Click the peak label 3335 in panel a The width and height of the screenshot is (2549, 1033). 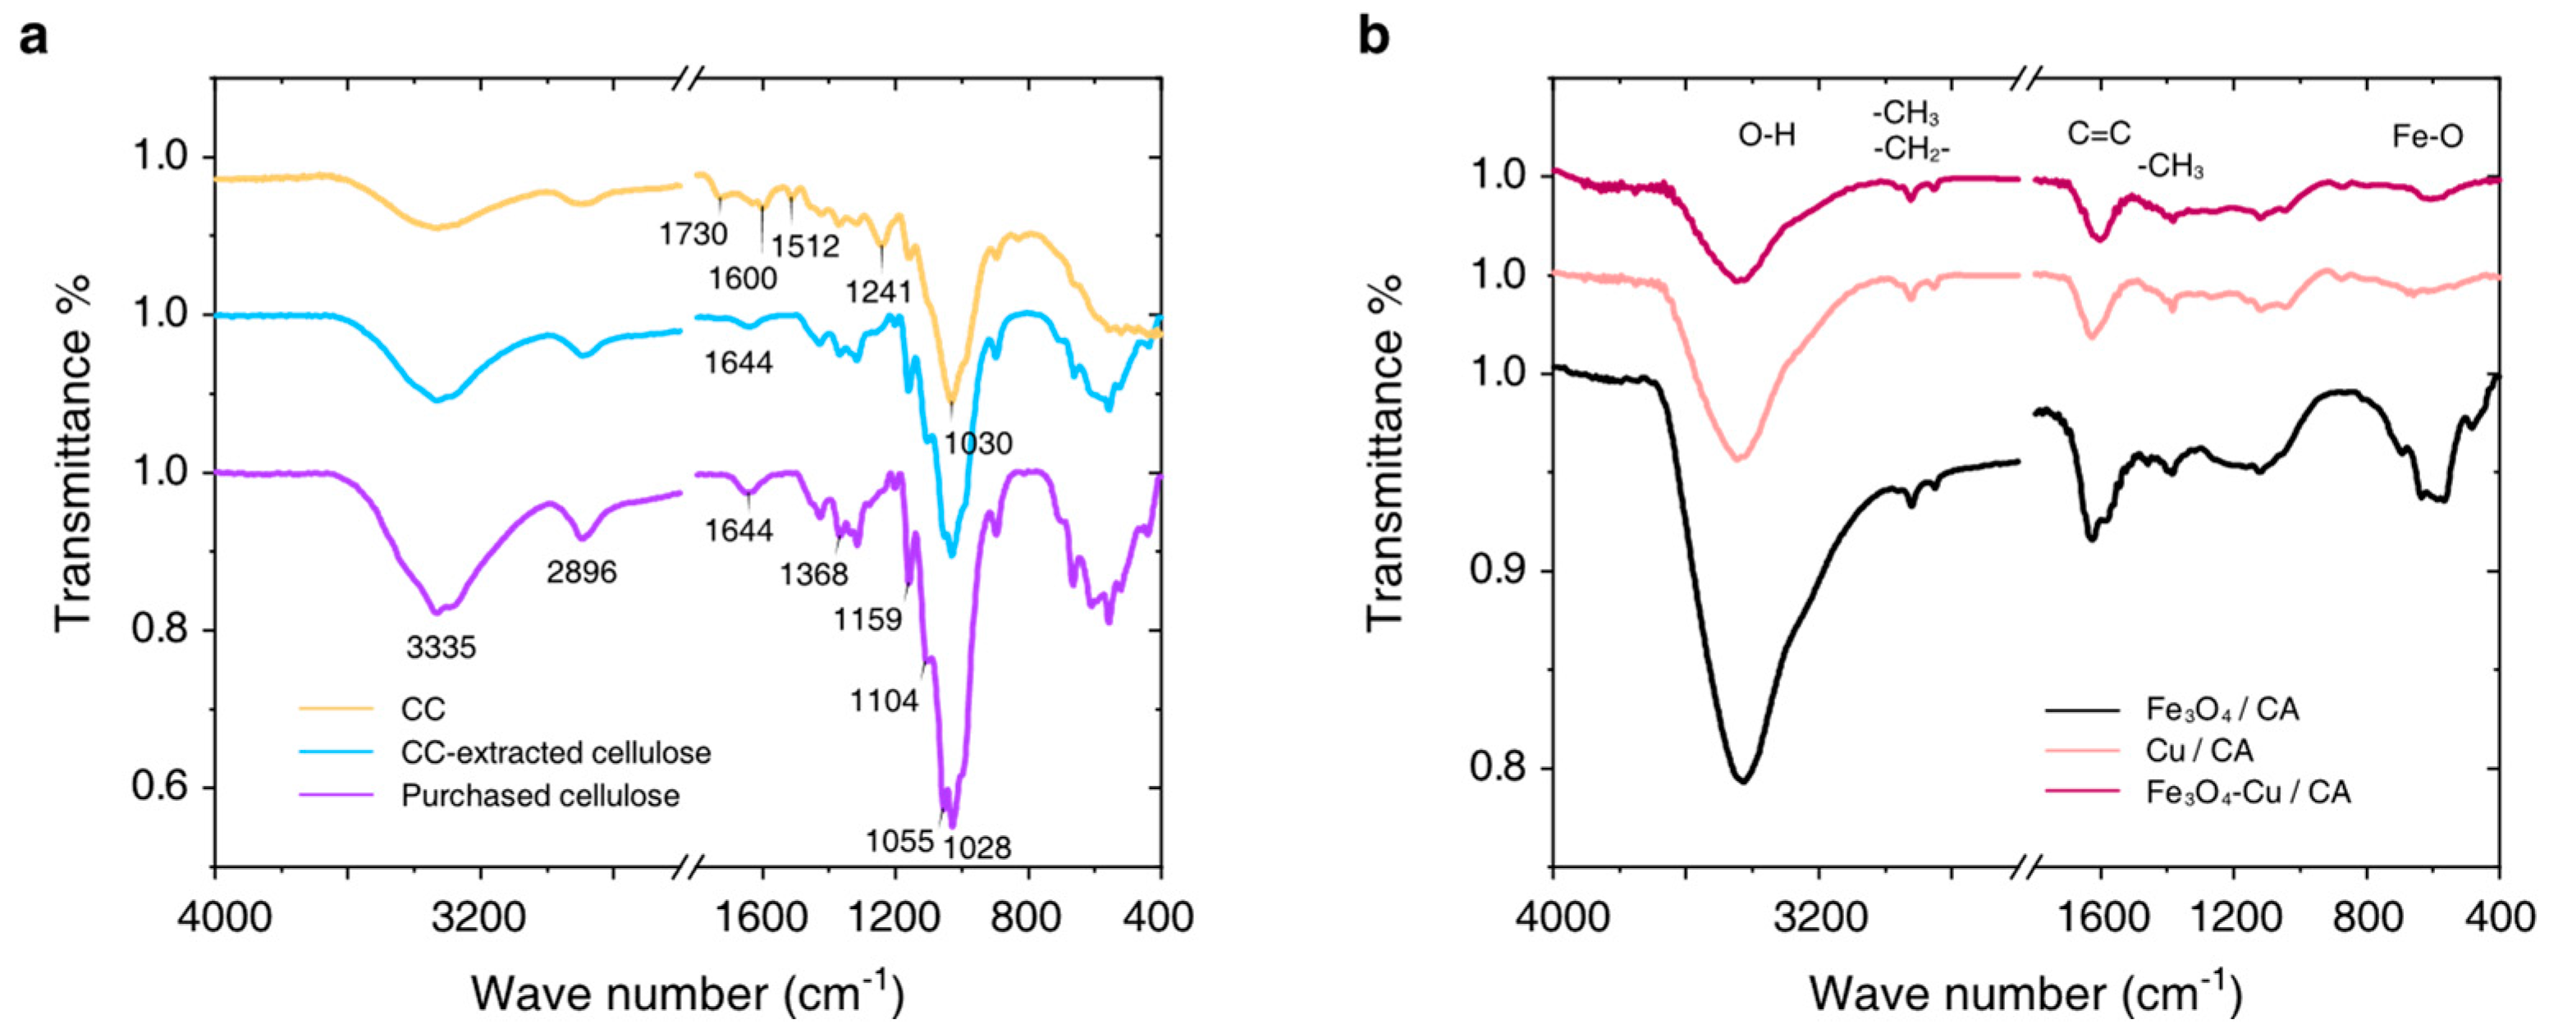pyautogui.click(x=442, y=648)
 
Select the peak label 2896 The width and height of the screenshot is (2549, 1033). pyautogui.click(x=582, y=571)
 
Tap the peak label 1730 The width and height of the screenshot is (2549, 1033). pyautogui.click(x=693, y=235)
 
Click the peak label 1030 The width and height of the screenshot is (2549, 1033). pyautogui.click(x=977, y=443)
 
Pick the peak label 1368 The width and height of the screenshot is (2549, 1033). pyautogui.click(x=813, y=573)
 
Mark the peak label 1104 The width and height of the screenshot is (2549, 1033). pyautogui.click(x=885, y=702)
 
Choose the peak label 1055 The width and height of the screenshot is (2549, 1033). pyautogui.click(x=899, y=842)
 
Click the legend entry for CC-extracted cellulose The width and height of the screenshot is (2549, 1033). pyautogui.click(x=555, y=753)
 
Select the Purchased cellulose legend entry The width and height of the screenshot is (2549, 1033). pyautogui.click(x=540, y=796)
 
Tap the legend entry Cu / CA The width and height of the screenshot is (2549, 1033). pyautogui.click(x=2199, y=751)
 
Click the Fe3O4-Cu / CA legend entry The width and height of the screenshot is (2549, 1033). pyautogui.click(x=2247, y=793)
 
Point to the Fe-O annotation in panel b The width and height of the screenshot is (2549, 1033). pyautogui.click(x=2428, y=135)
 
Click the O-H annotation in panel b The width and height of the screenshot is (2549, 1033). pyautogui.click(x=1766, y=135)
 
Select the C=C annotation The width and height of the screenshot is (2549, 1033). pyautogui.click(x=2098, y=134)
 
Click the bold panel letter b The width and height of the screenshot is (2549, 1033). pyautogui.click(x=1374, y=37)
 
